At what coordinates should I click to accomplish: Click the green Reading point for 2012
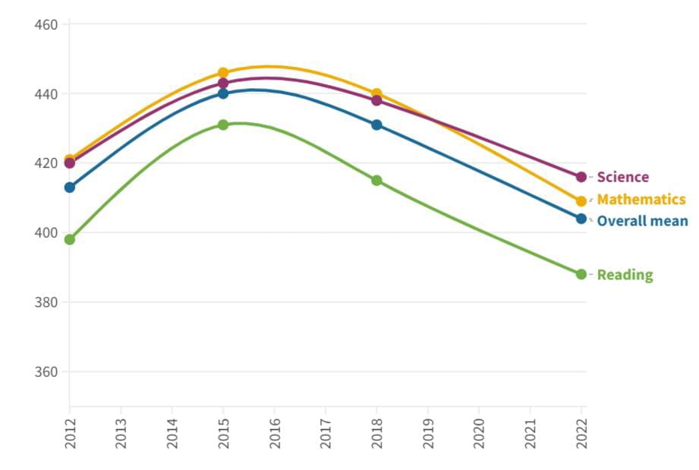point(70,239)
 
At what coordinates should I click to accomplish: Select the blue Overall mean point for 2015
point(223,93)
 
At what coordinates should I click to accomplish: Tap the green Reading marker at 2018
point(376,181)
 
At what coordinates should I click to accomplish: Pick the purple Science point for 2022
point(581,177)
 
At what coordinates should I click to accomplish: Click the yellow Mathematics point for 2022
point(581,201)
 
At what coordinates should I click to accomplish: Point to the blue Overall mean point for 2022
point(581,219)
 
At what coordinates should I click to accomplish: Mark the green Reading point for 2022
point(581,274)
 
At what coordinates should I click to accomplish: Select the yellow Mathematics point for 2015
point(223,73)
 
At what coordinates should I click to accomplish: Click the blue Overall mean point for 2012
point(70,188)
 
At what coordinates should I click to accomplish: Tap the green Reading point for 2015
point(223,125)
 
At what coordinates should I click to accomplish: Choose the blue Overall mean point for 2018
point(376,125)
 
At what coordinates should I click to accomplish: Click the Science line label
point(622,177)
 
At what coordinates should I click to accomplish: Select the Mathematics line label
point(641,200)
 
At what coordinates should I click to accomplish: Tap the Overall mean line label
point(642,221)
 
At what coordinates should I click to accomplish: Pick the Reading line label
point(625,275)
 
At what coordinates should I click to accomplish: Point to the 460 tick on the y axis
point(46,24)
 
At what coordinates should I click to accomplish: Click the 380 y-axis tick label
point(46,302)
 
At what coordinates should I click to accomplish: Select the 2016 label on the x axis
point(274,433)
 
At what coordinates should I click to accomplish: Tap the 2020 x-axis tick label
point(479,433)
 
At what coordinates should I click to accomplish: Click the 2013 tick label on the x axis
point(121,433)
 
